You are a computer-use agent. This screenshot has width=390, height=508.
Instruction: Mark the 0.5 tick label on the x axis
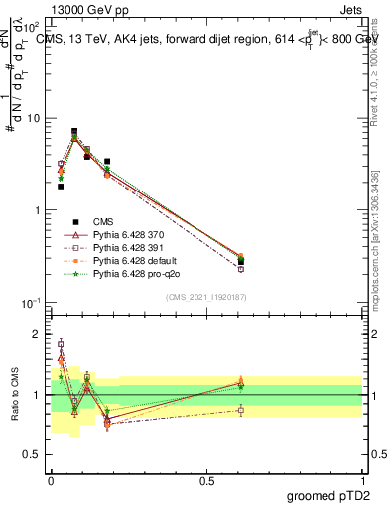(206, 479)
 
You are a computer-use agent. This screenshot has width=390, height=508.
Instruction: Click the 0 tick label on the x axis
(51, 479)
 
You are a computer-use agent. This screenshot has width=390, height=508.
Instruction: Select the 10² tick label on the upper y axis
(33, 27)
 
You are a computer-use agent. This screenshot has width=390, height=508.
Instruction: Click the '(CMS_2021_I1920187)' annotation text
(205, 297)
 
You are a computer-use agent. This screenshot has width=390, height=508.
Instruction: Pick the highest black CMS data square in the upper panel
(74, 131)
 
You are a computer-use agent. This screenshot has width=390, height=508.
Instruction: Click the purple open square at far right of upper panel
(241, 269)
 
